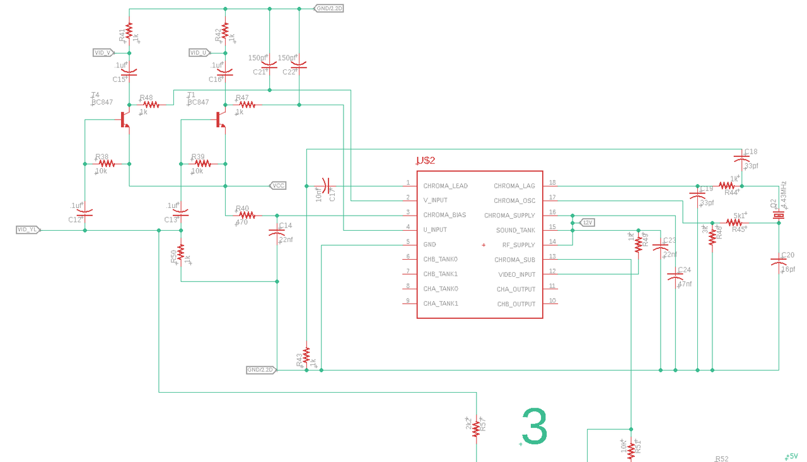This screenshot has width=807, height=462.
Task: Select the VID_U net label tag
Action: coord(200,53)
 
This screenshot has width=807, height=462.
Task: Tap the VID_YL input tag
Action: coord(28,230)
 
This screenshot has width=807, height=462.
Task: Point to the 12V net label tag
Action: coord(587,222)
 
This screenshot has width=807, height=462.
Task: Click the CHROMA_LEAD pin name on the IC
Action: coord(445,186)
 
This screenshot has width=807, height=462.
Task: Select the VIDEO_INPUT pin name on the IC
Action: coord(516,274)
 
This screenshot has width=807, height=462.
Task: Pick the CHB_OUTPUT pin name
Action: coord(516,304)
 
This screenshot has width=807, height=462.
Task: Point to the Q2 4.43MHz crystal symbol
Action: coord(778,216)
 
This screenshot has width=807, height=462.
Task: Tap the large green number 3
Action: coord(535,427)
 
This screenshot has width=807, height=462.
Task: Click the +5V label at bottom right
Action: coord(792,456)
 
